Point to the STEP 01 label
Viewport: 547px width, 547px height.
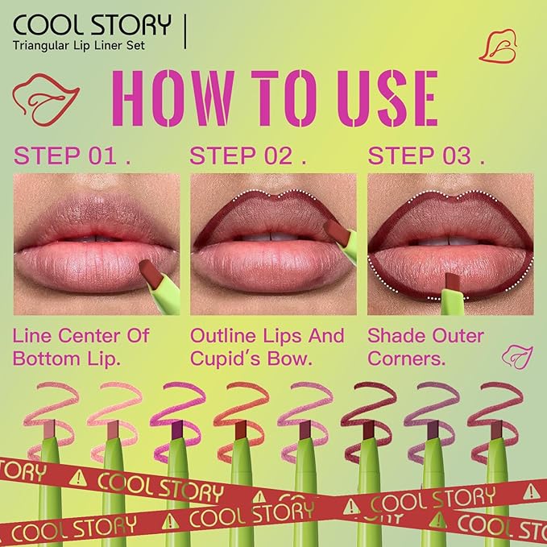point(73,155)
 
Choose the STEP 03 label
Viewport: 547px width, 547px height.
point(426,155)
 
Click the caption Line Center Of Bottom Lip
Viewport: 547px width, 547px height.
point(81,346)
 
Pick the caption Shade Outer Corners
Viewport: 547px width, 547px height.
point(425,346)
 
